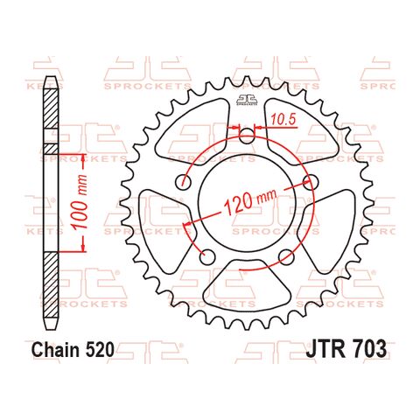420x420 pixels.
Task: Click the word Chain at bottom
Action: tap(59, 351)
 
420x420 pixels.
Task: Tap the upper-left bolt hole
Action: tap(184, 182)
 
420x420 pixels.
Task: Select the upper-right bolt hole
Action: tap(310, 182)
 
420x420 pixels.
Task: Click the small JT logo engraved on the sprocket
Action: tap(247, 102)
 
